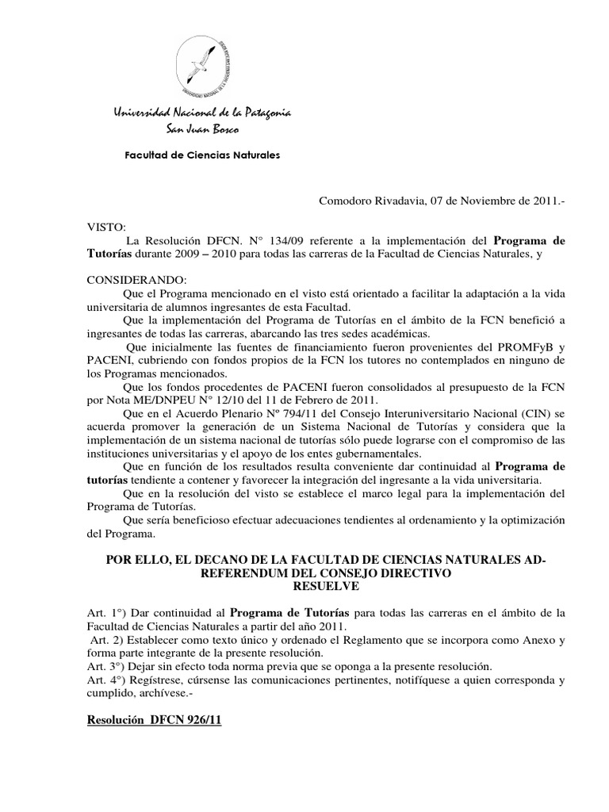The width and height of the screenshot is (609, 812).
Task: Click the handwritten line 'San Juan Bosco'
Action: pos(201,128)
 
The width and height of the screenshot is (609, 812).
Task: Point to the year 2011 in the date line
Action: pos(546,202)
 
